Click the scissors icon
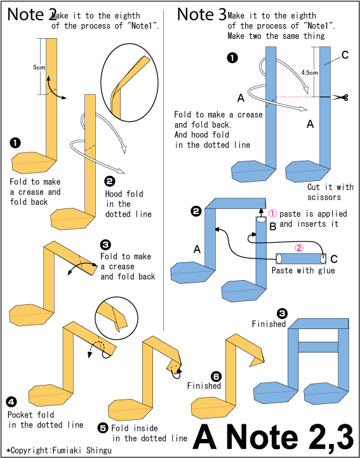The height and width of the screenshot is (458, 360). point(341,97)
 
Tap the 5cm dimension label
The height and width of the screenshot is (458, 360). point(39,67)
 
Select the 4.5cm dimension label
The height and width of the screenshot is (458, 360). point(309,72)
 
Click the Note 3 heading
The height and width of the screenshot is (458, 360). point(201,15)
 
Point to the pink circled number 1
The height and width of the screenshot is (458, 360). point(272,213)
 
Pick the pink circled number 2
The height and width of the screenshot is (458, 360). point(299,248)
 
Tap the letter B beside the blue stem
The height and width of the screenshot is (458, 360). point(273,226)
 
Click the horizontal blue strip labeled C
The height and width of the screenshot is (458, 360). point(301,259)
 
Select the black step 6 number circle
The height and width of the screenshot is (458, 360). point(217,377)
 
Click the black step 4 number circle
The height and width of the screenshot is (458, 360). point(11,402)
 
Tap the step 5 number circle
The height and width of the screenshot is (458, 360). point(103,428)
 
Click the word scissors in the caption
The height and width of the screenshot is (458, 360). point(324,197)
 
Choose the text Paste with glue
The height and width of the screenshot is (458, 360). point(303,271)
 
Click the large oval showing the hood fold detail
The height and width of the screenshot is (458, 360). point(130,83)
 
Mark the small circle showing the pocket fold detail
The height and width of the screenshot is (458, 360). point(117,318)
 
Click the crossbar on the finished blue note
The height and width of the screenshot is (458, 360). point(318,347)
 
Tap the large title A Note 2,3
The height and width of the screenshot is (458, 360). point(273,437)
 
